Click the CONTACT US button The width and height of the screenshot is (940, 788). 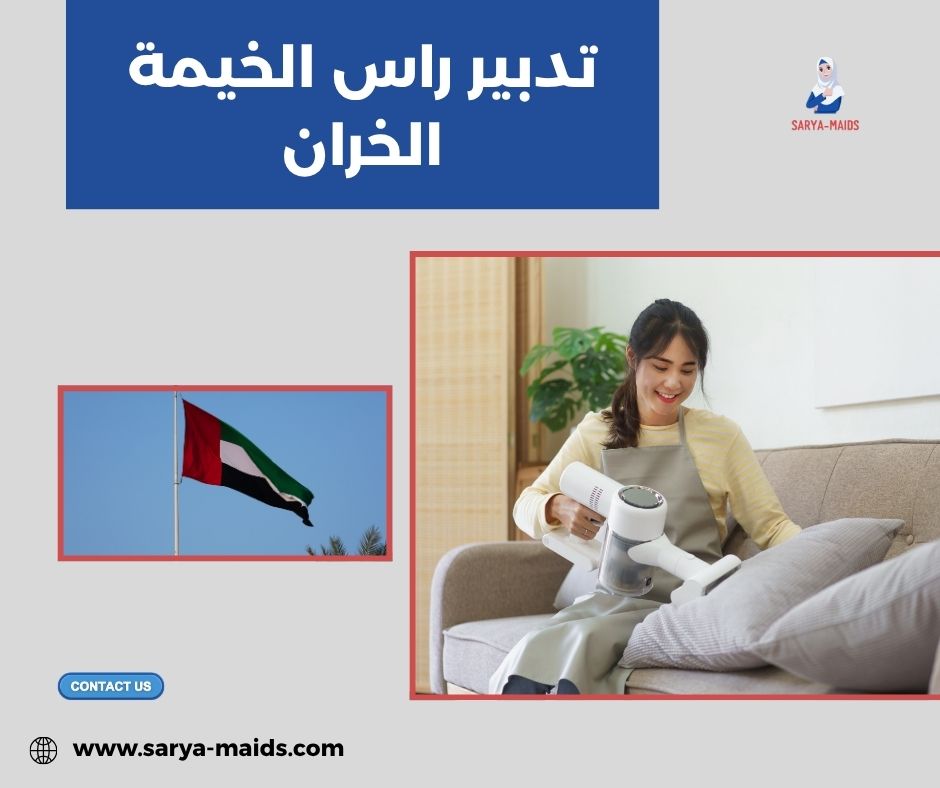111,686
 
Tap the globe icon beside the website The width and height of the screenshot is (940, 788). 43,750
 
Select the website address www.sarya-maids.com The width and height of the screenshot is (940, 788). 209,748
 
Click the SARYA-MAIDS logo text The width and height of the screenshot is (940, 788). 825,125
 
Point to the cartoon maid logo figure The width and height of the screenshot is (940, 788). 825,86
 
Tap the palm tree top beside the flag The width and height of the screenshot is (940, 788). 364,543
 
